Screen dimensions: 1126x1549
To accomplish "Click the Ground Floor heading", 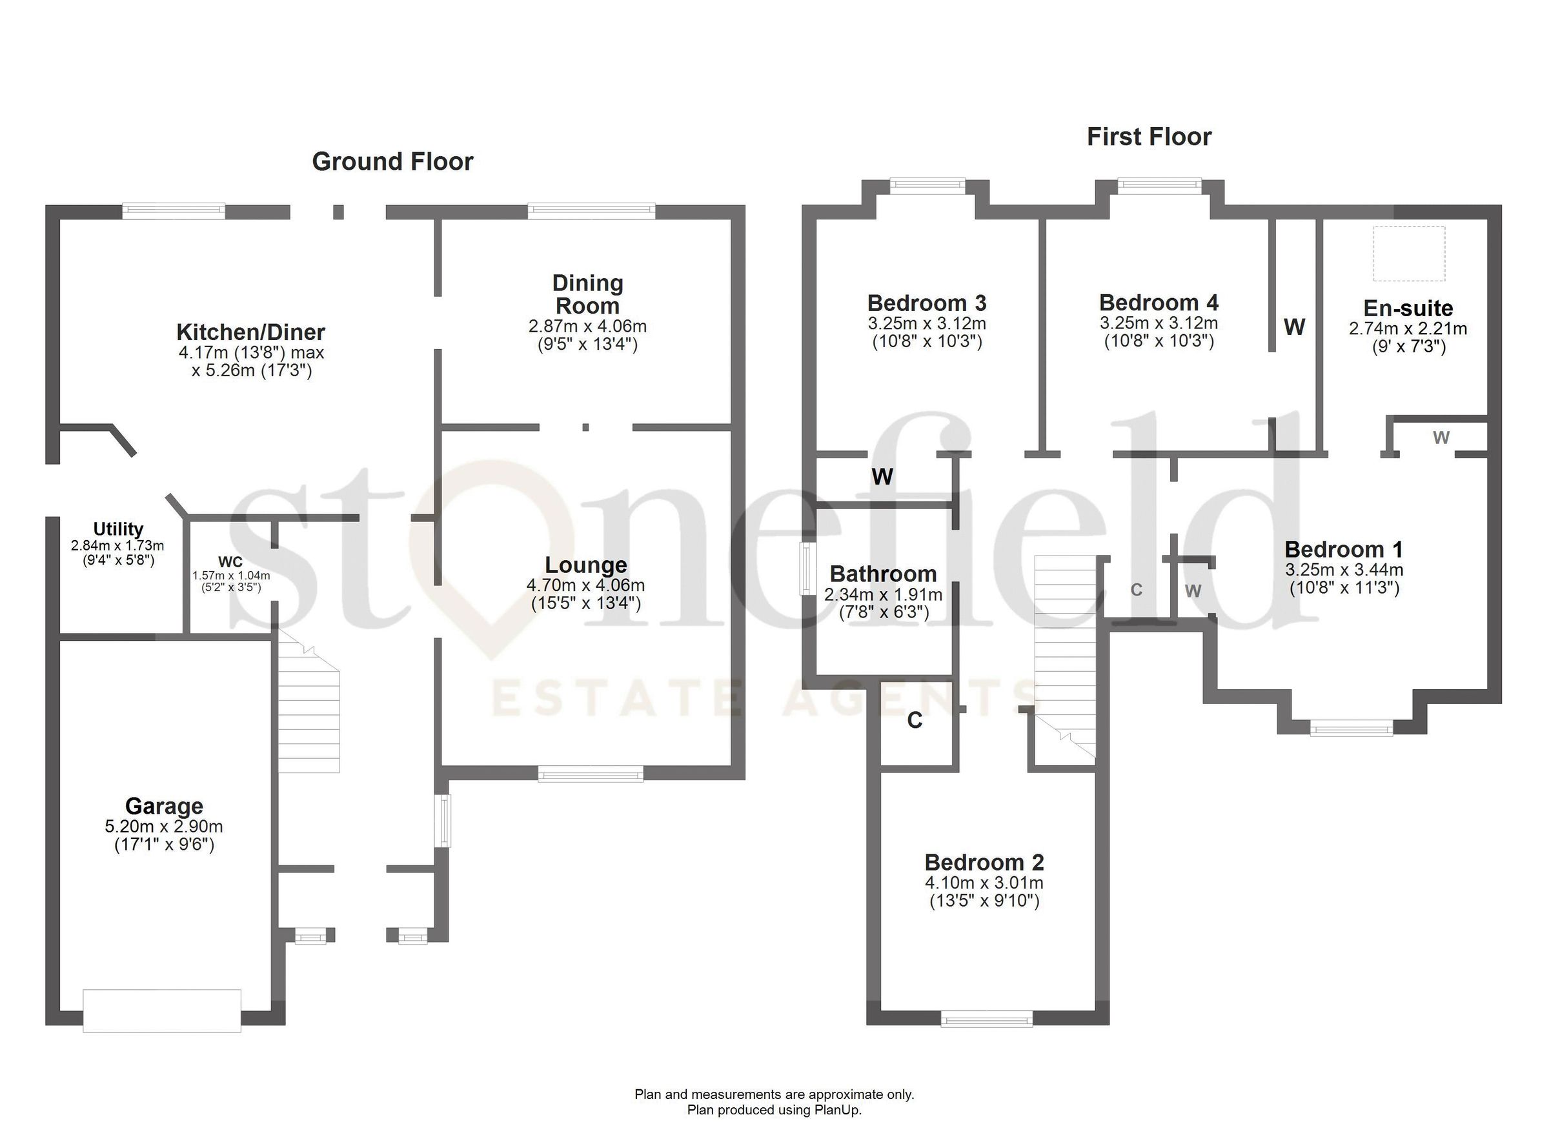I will (392, 162).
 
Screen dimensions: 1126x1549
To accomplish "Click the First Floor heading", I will (1149, 137).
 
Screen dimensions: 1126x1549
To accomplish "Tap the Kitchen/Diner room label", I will (250, 332).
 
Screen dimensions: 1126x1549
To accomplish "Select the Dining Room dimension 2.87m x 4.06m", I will (587, 327).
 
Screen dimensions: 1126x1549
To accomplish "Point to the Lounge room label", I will (586, 565).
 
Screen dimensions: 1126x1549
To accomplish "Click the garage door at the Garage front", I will (162, 1010).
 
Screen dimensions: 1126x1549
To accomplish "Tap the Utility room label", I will (118, 529).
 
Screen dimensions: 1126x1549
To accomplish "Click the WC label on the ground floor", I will (230, 562).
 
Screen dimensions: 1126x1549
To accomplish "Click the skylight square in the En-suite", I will (1409, 254).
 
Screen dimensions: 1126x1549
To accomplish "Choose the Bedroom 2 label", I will (984, 863).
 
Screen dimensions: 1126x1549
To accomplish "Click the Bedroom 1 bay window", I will (1351, 729).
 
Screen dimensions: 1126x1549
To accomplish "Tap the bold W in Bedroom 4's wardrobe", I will (1294, 327).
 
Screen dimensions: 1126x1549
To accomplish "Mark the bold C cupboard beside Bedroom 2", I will (915, 719).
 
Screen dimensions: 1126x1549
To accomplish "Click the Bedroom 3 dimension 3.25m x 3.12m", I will (927, 324).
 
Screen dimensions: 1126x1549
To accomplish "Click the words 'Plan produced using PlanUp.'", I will (774, 1110).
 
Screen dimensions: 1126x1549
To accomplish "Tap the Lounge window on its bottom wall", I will (590, 773).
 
